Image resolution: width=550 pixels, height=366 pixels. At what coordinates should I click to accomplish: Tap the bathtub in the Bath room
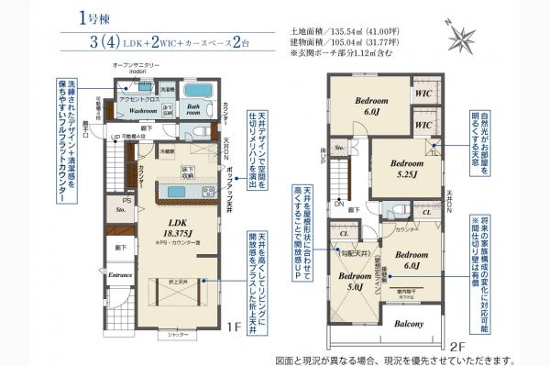[x=195, y=94]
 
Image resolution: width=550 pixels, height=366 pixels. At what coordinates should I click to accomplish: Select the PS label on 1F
[x=127, y=200]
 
